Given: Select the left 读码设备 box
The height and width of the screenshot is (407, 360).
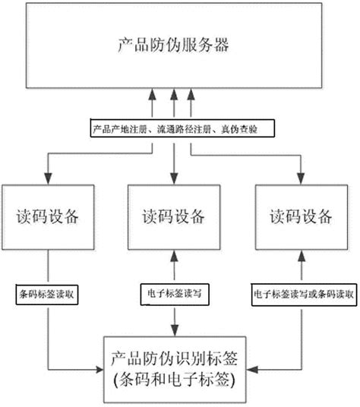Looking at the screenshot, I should [x=50, y=216].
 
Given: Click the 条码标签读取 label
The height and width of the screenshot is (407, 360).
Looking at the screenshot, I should [x=49, y=290].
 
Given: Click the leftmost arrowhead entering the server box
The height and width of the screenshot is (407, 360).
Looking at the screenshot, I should [x=153, y=93].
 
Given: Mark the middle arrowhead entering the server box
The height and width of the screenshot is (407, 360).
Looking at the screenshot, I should [x=173, y=93].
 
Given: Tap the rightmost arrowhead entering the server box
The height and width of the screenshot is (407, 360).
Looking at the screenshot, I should [x=191, y=93].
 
